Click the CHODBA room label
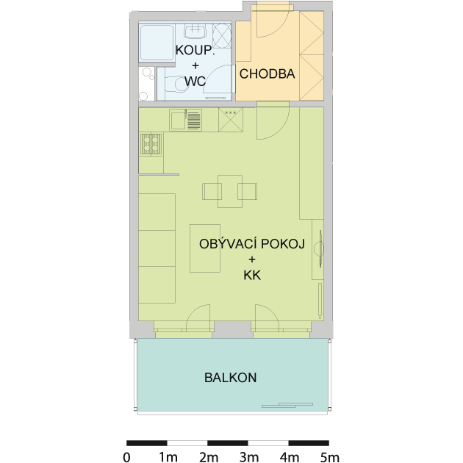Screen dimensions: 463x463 pyautogui.click(x=267, y=73)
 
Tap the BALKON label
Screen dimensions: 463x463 pyautogui.click(x=230, y=378)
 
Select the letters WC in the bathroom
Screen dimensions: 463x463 pyautogui.click(x=195, y=81)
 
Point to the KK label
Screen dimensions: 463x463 pyautogui.click(x=252, y=275)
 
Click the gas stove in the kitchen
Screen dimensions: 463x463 pyautogui.click(x=151, y=144)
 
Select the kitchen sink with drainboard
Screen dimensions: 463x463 pyautogui.click(x=186, y=120)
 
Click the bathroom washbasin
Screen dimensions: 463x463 pyautogui.click(x=195, y=32)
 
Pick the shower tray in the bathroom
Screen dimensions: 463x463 pyautogui.click(x=157, y=43)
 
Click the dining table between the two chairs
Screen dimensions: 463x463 pyautogui.click(x=230, y=191)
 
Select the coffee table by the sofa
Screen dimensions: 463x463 pyautogui.click(x=205, y=248)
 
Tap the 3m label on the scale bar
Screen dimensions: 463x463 pyautogui.click(x=249, y=457)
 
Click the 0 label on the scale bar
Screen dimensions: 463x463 pyautogui.click(x=126, y=457)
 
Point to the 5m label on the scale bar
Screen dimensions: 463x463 pyautogui.click(x=329, y=457)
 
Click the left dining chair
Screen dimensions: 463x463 pyautogui.click(x=212, y=191)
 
